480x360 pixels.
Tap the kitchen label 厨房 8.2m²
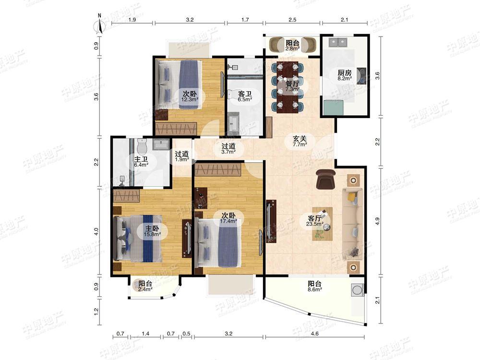click(x=344, y=75)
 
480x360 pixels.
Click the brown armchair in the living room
click(x=326, y=179)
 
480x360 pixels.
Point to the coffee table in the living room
click(x=323, y=224)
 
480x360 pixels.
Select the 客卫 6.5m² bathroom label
click(x=245, y=96)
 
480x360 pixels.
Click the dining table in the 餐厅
click(x=288, y=87)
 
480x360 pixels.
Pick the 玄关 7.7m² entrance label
click(x=300, y=141)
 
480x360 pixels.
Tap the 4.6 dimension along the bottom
click(x=315, y=334)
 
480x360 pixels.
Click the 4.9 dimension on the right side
click(x=377, y=221)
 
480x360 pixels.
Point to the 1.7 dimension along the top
click(x=245, y=20)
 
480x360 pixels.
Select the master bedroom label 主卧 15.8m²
click(x=152, y=231)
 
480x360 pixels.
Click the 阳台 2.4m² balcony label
click(x=145, y=286)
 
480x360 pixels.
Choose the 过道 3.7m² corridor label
click(x=228, y=148)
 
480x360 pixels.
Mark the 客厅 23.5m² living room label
click(x=315, y=220)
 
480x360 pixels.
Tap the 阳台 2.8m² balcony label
click(x=292, y=45)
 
